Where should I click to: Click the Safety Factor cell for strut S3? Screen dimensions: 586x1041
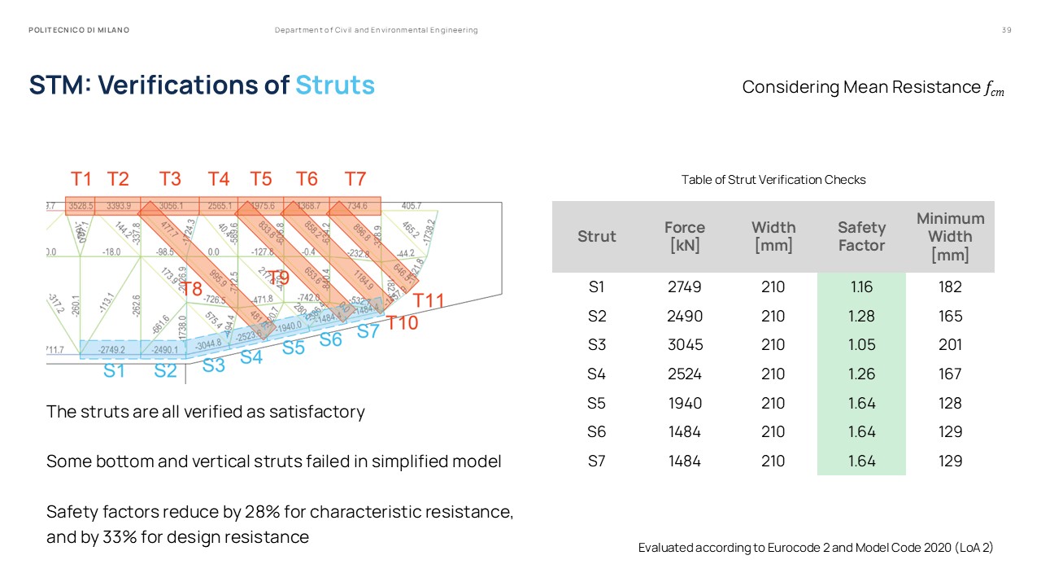pos(861,345)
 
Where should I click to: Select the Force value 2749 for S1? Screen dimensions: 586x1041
pos(684,287)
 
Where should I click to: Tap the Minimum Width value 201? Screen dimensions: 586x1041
pos(950,345)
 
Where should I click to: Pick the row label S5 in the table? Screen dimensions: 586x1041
pos(597,403)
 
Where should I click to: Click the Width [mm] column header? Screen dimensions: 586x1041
pos(773,236)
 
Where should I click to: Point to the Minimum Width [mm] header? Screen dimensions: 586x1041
pos(950,236)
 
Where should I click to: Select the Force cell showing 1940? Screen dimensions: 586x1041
pos(684,403)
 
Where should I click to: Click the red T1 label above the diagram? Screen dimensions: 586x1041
pos(81,179)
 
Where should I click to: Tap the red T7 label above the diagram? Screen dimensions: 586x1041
pos(355,179)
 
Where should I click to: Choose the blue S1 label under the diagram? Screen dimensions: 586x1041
pos(114,371)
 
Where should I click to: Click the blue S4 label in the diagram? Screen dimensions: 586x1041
pos(251,356)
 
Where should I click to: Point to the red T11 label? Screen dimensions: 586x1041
pos(429,301)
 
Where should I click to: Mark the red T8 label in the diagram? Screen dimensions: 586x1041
pos(191,289)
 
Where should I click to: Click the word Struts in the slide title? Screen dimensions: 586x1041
pos(335,85)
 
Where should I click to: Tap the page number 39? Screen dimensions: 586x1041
pos(1006,30)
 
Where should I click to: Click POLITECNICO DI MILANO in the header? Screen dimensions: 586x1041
pos(79,30)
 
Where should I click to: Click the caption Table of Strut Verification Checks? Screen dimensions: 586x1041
pos(773,180)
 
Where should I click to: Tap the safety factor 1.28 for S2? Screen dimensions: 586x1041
pos(861,316)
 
